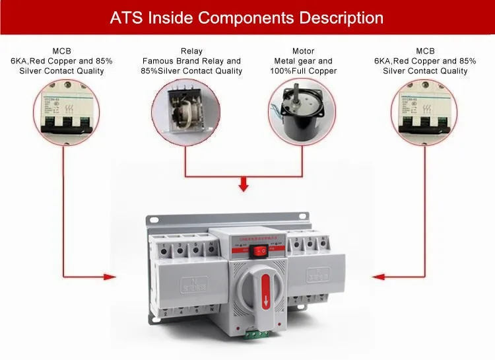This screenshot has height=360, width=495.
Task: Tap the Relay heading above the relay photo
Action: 191,51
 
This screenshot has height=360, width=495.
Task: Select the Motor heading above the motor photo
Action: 303,51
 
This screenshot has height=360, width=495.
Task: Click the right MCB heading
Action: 425,51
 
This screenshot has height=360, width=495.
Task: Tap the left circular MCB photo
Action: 63,110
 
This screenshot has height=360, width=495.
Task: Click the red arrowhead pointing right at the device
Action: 110,274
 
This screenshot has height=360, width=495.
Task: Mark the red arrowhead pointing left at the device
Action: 377,274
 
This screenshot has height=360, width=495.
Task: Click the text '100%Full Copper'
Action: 304,71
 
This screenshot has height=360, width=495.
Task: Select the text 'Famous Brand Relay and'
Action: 191,61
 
